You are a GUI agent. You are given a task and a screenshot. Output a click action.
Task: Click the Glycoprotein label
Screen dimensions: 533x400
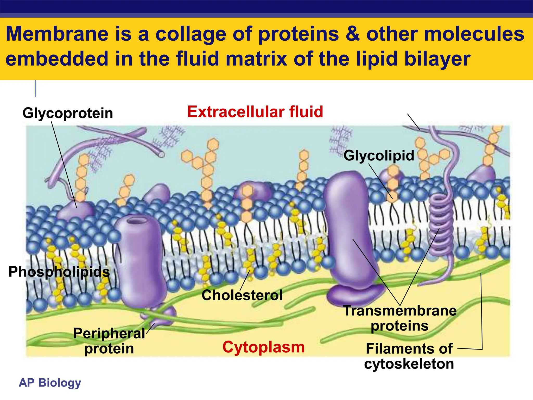pyautogui.click(x=68, y=113)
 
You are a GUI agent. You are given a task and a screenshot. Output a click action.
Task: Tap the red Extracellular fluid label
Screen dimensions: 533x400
pyautogui.click(x=255, y=112)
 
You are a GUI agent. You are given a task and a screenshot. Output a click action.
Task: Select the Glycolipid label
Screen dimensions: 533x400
pyautogui.click(x=379, y=155)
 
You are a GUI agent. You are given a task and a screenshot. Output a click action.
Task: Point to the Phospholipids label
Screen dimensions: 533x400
pyautogui.click(x=59, y=272)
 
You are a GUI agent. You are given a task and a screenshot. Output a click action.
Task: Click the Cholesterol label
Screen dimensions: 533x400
pyautogui.click(x=242, y=295)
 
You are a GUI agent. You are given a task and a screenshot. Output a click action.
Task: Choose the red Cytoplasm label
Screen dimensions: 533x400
pyautogui.click(x=263, y=347)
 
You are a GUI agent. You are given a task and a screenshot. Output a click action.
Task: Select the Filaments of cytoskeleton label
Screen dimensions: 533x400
pyautogui.click(x=409, y=356)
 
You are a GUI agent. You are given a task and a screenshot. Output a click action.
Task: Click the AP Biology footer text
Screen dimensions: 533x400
pyautogui.click(x=50, y=383)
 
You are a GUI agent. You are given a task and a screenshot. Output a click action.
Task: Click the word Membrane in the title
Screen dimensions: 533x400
pyautogui.click(x=57, y=34)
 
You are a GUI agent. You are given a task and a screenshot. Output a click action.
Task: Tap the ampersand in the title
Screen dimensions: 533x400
pyautogui.click(x=353, y=34)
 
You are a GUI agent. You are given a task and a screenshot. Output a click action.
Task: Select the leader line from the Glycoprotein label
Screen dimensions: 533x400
pyautogui.click(x=64, y=164)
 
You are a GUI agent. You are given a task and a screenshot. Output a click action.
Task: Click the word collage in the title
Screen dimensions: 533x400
pyautogui.click(x=191, y=34)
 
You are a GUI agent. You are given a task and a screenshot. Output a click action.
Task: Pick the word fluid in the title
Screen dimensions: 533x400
pyautogui.click(x=198, y=59)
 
